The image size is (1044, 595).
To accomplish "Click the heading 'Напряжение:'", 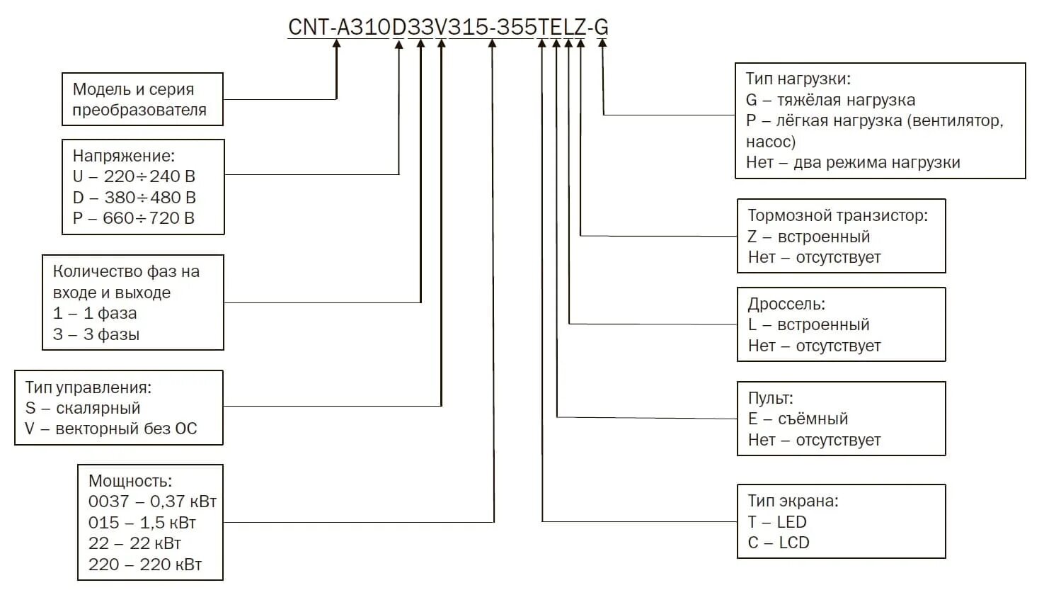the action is point(124,156).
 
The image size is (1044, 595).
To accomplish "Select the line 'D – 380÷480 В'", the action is point(134,198).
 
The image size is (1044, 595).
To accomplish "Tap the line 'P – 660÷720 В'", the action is point(134,218).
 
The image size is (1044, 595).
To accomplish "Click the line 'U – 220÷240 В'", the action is point(134,176).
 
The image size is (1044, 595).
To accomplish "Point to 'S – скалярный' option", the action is point(83,408).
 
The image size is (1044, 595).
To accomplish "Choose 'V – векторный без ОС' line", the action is point(111,429).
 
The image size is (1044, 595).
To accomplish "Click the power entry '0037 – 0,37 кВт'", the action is point(152,501).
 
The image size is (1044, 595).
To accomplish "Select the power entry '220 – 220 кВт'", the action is point(145,565).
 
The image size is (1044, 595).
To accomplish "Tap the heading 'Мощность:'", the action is point(130,481).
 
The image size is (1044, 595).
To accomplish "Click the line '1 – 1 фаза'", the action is point(95,313).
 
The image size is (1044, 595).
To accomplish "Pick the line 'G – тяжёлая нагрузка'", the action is point(830,100).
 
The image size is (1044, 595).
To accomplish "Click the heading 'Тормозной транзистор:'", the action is point(837,215).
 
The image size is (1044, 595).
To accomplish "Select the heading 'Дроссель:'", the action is point(786,304).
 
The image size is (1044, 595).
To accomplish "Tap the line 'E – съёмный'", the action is point(798,419).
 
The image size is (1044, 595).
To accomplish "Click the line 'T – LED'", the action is point(777,522).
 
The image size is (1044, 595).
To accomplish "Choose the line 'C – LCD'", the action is point(779,543).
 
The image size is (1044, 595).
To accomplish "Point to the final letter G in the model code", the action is point(601,27).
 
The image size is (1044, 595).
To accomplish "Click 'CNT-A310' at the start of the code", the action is point(339,27).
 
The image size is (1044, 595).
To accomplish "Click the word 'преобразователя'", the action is point(139,110).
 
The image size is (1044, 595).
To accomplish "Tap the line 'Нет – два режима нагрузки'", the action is point(853,162).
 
